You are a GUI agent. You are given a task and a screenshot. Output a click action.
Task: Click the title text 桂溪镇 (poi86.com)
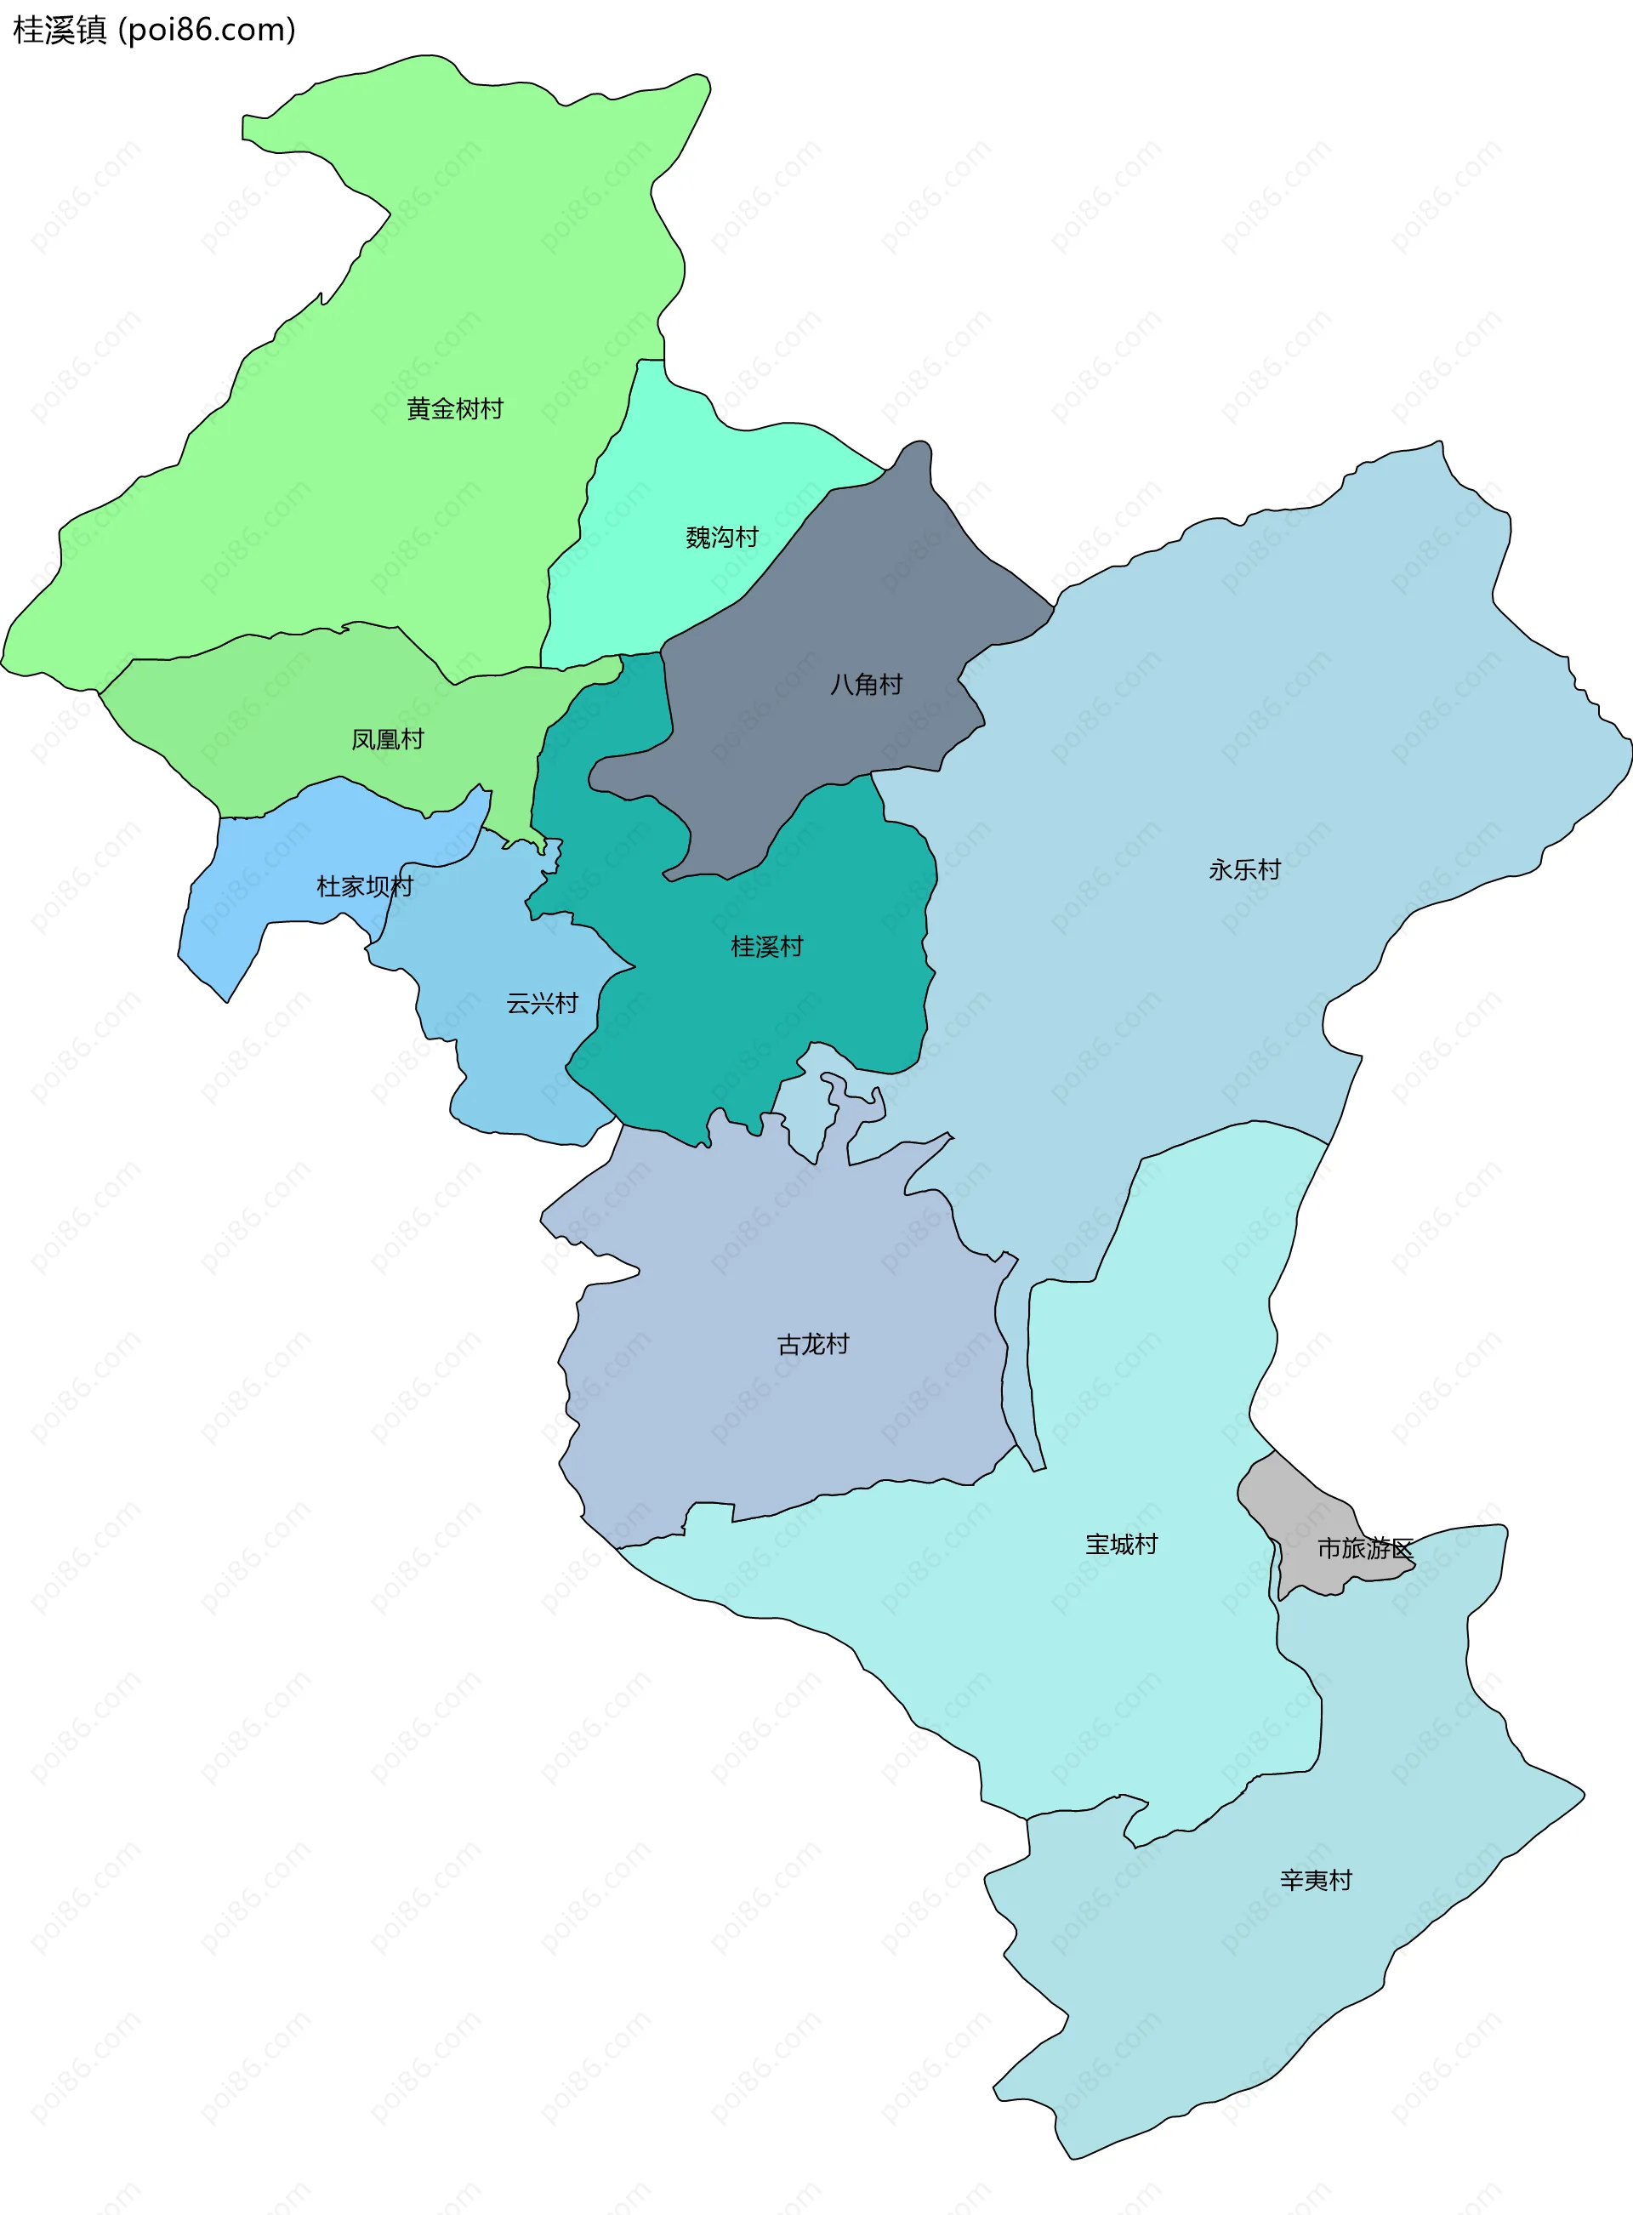pyautogui.click(x=154, y=31)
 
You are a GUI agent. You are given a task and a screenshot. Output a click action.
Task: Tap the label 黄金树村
pyautogui.click(x=455, y=408)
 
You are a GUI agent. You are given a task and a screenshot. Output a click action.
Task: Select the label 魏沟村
pyautogui.click(x=721, y=537)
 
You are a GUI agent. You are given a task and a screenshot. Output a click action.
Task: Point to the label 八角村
pyautogui.click(x=866, y=684)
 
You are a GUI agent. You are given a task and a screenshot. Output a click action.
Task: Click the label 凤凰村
pyautogui.click(x=388, y=739)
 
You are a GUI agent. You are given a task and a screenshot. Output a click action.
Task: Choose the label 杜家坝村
pyautogui.click(x=364, y=885)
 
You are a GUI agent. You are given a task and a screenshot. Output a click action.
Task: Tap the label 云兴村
pyautogui.click(x=542, y=1003)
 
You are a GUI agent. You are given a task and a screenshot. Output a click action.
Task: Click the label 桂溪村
pyautogui.click(x=766, y=946)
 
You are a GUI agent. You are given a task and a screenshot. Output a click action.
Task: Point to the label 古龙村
pyautogui.click(x=812, y=1344)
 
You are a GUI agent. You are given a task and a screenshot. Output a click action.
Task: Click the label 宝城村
pyautogui.click(x=1121, y=1544)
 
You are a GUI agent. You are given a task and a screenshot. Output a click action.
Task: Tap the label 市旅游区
pyautogui.click(x=1365, y=1548)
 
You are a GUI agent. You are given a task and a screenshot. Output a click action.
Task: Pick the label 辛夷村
pyautogui.click(x=1316, y=1880)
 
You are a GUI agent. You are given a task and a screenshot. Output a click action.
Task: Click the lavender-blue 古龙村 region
pyautogui.click(x=791, y=1414)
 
